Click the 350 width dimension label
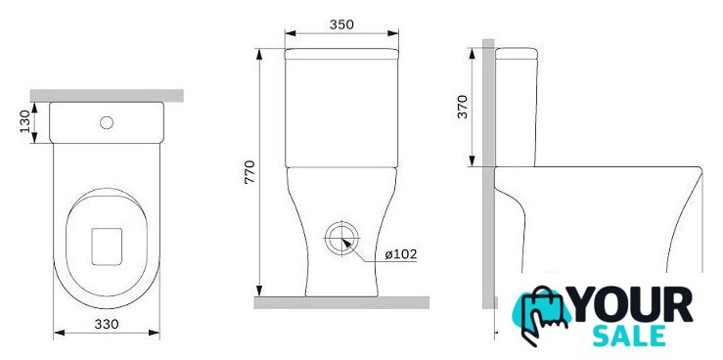[341, 24]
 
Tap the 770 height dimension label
[249, 172]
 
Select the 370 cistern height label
[463, 107]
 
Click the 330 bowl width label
[107, 324]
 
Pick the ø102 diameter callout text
[401, 254]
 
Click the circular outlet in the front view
[341, 239]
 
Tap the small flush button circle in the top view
[107, 122]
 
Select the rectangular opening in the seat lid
[107, 247]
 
